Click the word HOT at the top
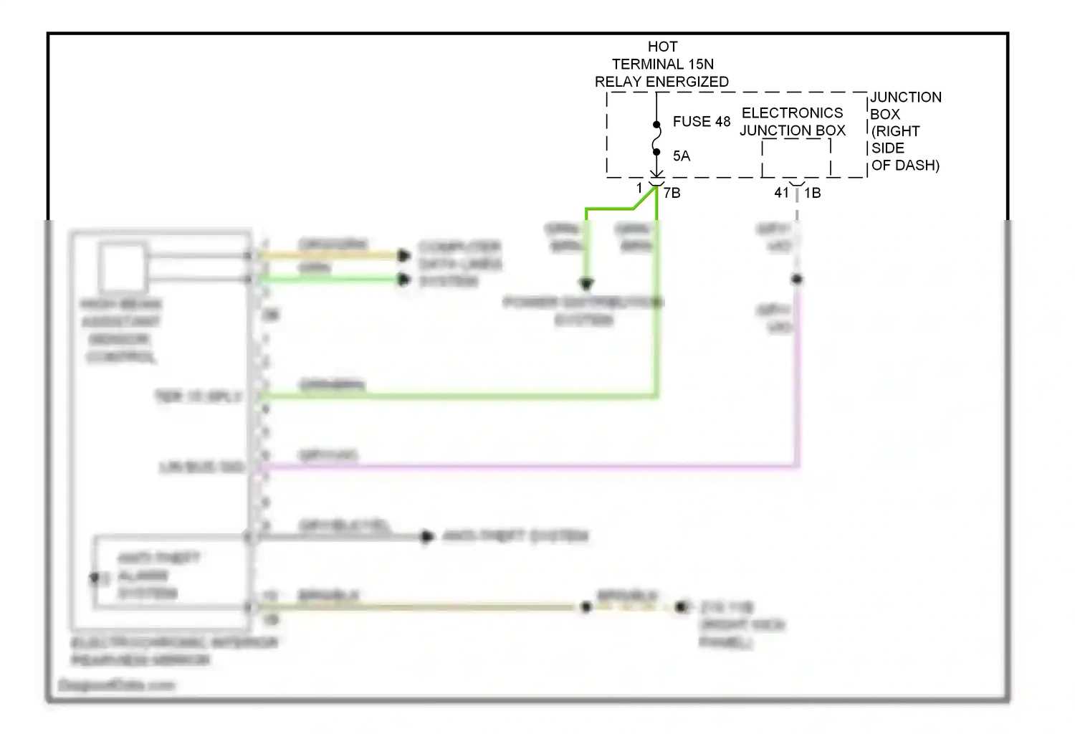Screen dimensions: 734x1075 click(x=662, y=47)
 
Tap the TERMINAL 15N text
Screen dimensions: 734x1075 click(x=662, y=65)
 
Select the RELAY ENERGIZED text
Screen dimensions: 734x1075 click(x=661, y=82)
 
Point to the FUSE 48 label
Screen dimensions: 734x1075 click(x=701, y=122)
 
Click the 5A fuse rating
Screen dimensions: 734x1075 click(x=681, y=156)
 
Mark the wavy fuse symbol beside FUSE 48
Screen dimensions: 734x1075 click(x=656, y=138)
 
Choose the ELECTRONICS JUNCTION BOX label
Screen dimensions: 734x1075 click(x=793, y=122)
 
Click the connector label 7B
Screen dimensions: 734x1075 click(x=672, y=193)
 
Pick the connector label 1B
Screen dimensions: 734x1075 click(x=813, y=193)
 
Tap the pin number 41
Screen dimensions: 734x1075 click(x=781, y=193)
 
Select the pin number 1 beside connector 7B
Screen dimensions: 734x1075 click(x=639, y=189)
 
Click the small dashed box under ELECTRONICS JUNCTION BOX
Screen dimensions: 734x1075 click(x=796, y=158)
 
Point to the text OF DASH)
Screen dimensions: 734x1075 click(x=905, y=166)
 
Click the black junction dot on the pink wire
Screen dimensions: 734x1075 click(x=797, y=279)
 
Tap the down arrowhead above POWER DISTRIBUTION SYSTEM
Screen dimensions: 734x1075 click(x=586, y=284)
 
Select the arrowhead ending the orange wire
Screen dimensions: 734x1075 click(x=405, y=255)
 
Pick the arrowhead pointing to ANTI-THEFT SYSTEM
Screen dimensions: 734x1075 click(x=427, y=536)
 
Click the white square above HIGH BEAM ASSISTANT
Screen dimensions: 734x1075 click(x=123, y=267)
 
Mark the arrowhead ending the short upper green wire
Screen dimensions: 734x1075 click(x=405, y=279)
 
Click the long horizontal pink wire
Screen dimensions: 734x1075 click(x=530, y=467)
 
